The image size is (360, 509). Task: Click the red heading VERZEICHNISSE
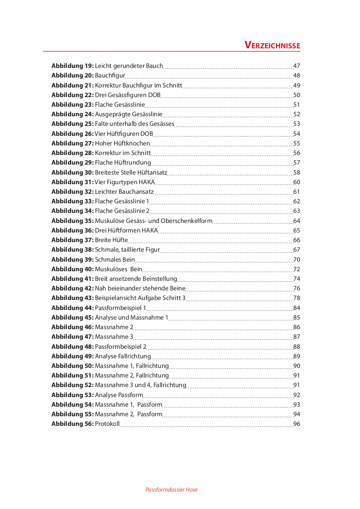(272, 45)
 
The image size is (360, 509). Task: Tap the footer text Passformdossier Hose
(171, 489)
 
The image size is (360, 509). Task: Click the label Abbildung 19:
(72, 66)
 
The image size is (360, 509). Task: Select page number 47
(297, 66)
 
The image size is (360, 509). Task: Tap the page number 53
(297, 124)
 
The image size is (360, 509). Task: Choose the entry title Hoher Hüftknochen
(122, 143)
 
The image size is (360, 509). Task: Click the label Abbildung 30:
(72, 172)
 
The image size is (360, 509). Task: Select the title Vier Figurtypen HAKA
(125, 182)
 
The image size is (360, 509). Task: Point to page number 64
(297, 221)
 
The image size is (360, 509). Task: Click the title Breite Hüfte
(111, 240)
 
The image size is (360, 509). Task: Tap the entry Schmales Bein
(115, 260)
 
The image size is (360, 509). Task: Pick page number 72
(297, 269)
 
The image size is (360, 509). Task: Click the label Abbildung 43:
(72, 298)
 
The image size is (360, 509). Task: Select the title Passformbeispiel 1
(120, 308)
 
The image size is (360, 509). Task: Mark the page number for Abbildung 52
(297, 385)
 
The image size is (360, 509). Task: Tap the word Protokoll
(107, 424)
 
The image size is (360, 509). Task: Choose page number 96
(297, 424)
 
